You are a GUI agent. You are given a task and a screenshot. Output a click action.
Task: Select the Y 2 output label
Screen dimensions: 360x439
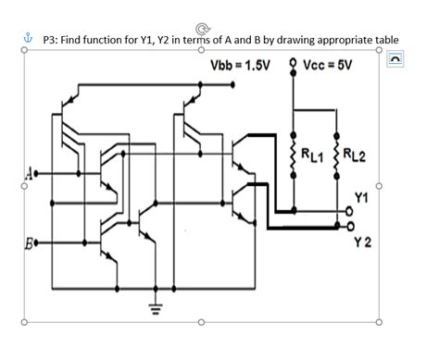coord(364,242)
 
